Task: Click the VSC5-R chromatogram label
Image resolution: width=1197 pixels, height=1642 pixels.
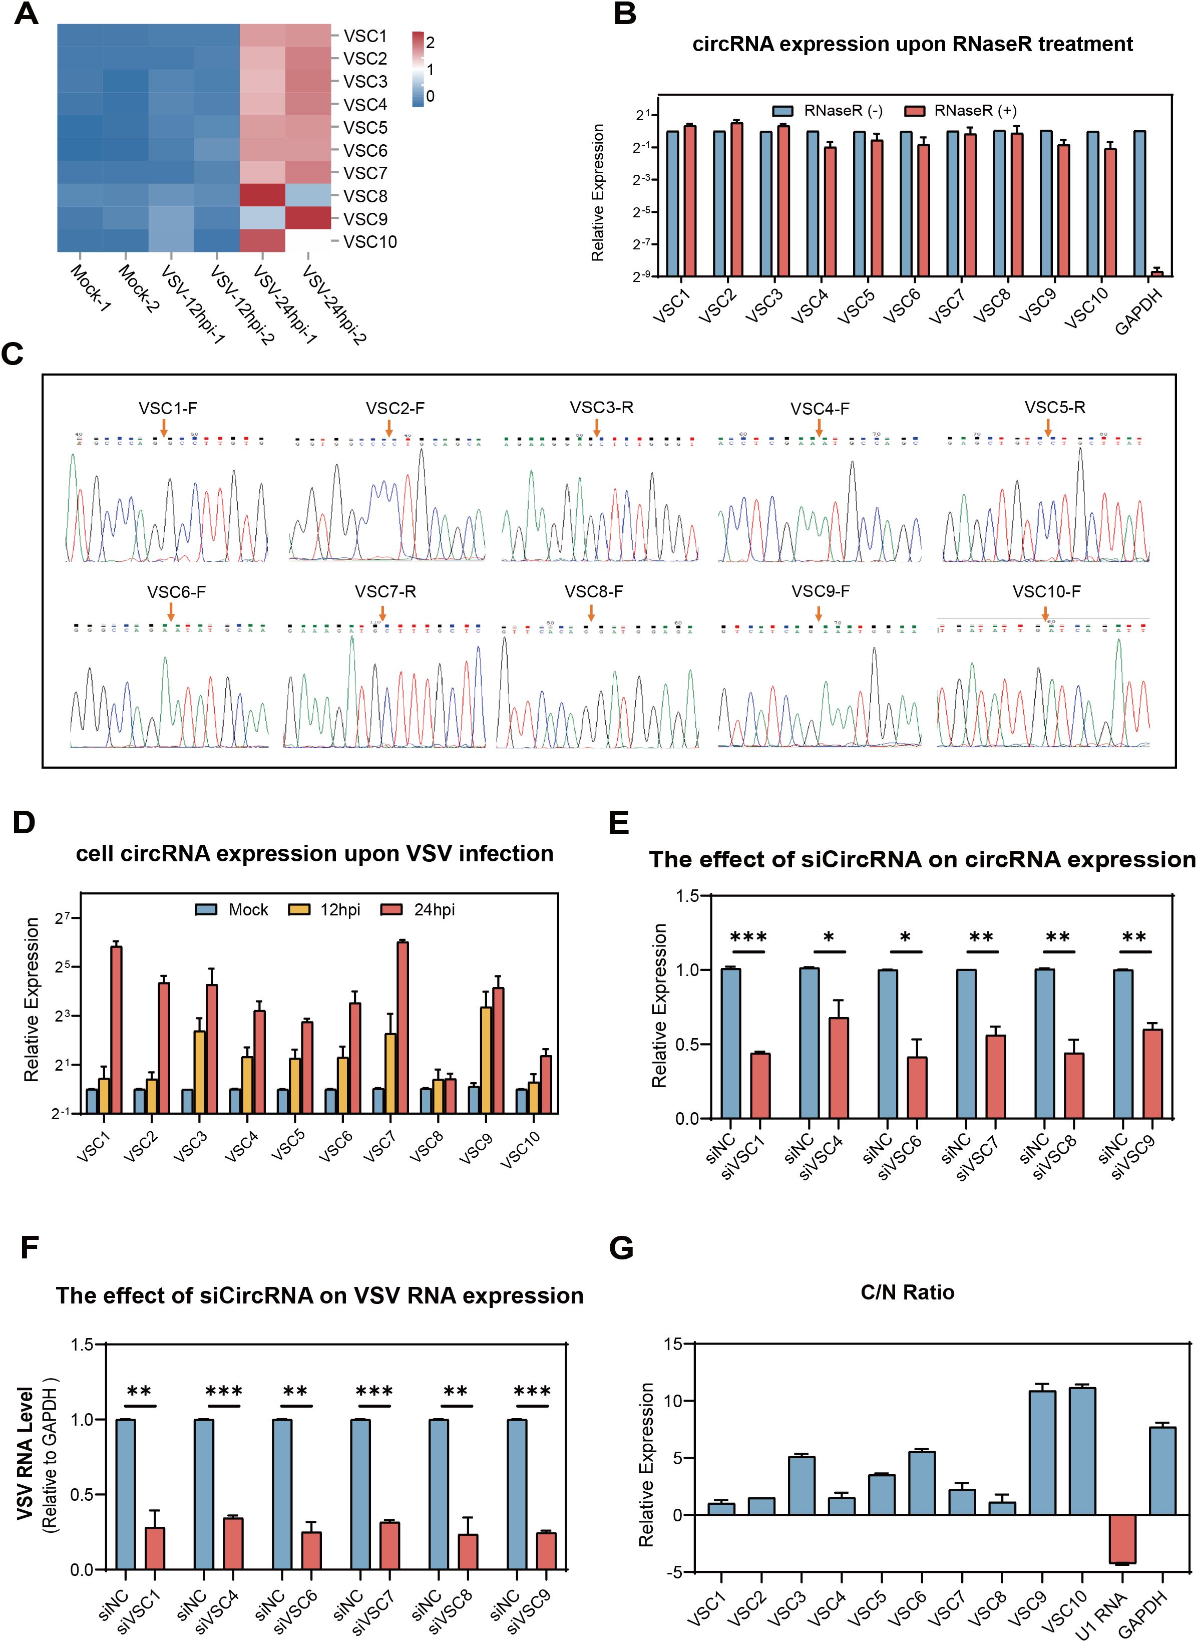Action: [1054, 407]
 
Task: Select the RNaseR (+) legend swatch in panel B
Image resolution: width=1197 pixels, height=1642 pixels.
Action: [916, 111]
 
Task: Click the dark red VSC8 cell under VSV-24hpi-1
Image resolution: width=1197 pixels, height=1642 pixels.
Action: [263, 196]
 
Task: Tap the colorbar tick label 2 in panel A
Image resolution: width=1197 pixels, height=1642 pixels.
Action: [431, 43]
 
